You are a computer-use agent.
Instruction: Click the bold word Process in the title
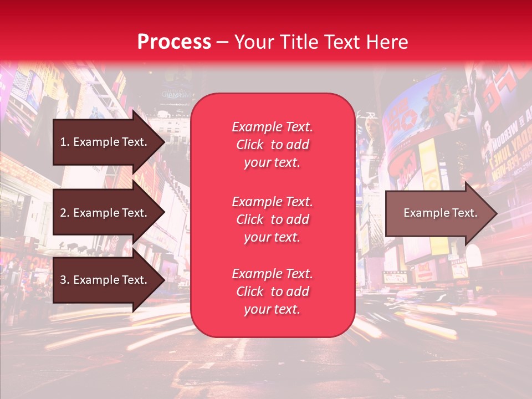(x=174, y=42)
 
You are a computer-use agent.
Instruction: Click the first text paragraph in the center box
(x=272, y=145)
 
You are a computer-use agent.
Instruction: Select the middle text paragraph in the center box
(x=272, y=219)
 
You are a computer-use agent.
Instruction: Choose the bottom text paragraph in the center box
(x=272, y=291)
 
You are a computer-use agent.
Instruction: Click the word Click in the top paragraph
(x=250, y=145)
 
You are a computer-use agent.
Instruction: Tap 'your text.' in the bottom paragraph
(x=272, y=310)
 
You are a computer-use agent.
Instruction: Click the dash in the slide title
(x=223, y=43)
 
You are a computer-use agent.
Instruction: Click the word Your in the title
(x=253, y=42)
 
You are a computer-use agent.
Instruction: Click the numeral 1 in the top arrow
(x=63, y=142)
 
